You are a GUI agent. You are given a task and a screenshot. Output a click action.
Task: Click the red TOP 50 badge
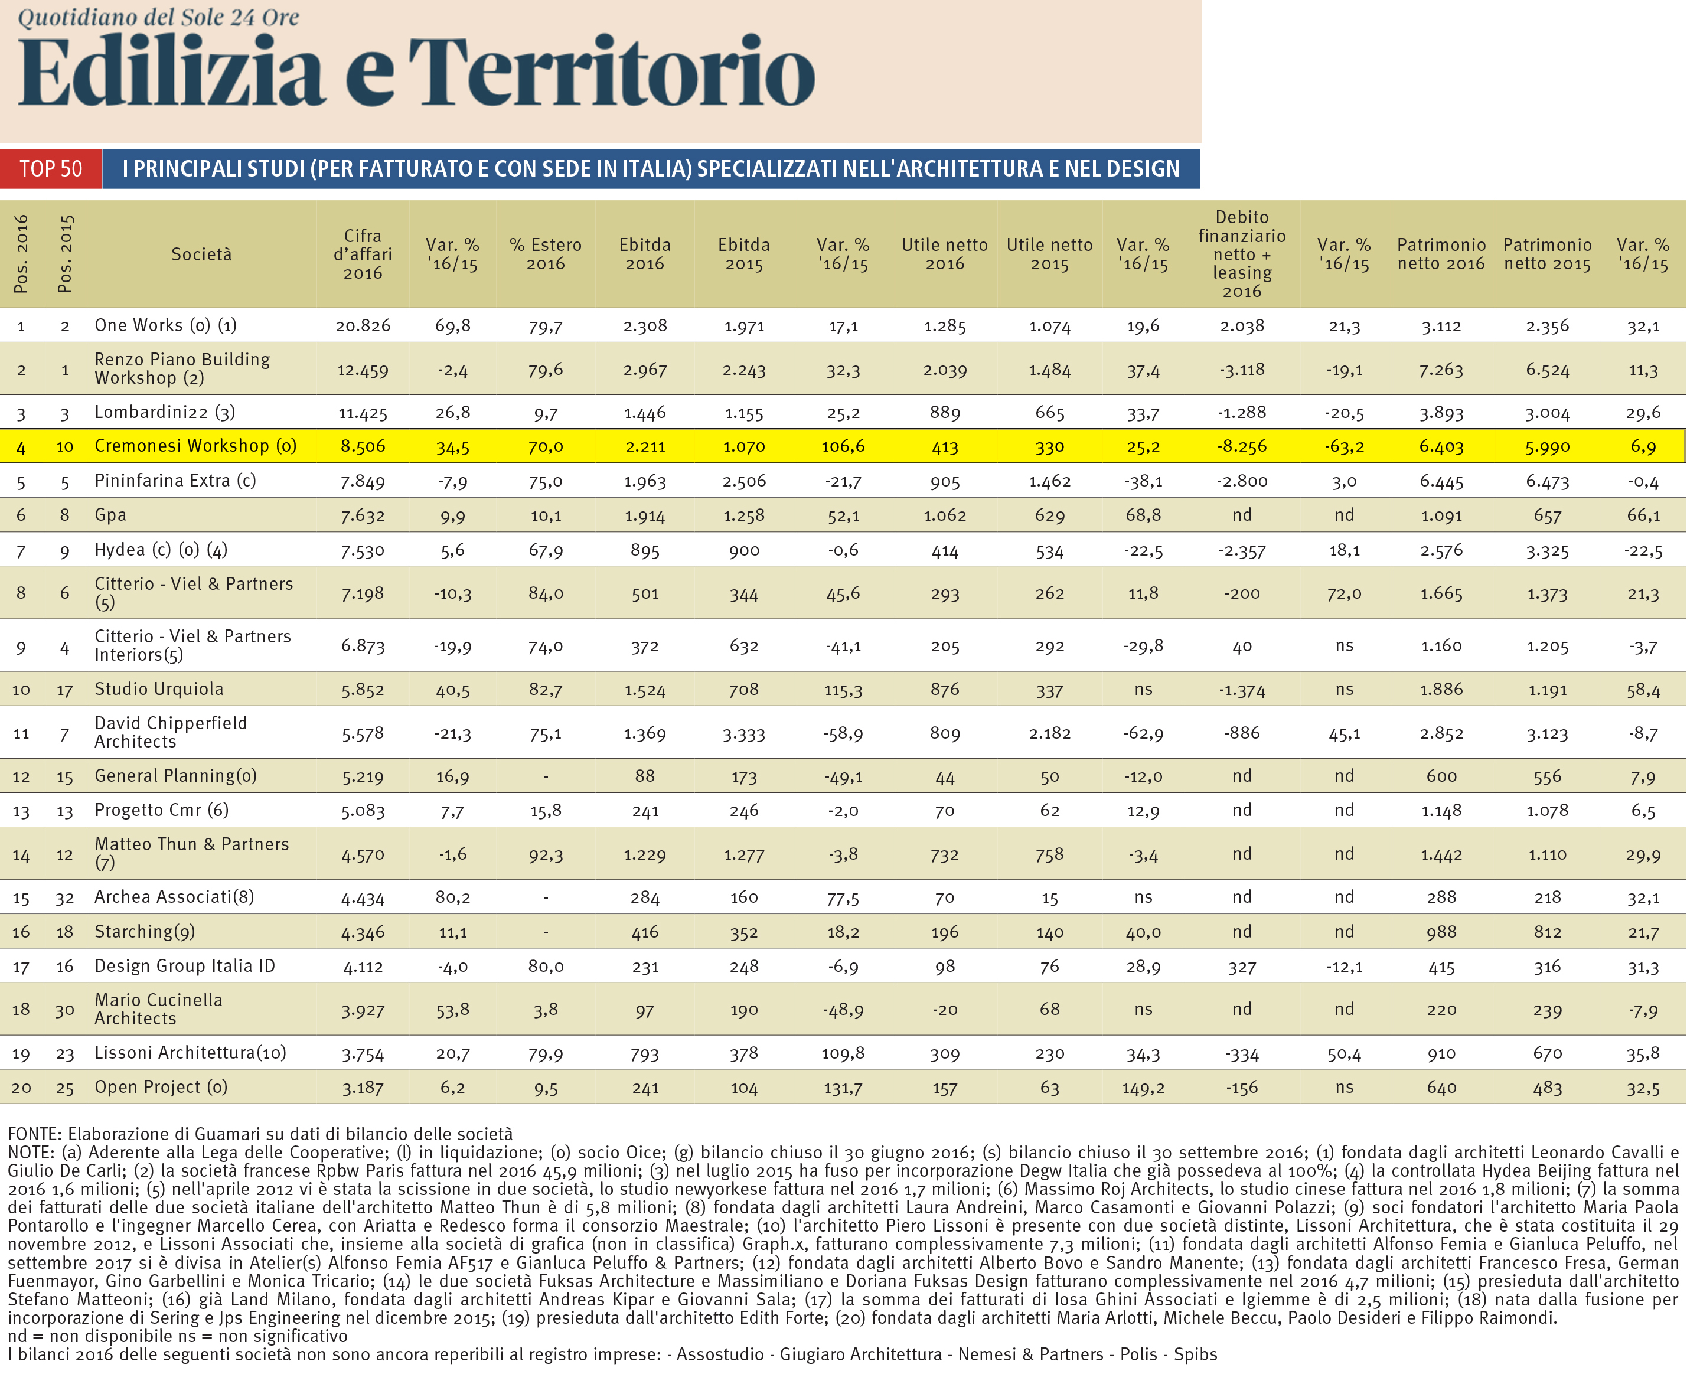click(x=51, y=169)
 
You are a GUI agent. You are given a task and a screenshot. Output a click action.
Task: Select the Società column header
click(x=202, y=254)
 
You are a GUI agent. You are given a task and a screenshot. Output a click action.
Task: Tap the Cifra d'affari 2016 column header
click(x=363, y=254)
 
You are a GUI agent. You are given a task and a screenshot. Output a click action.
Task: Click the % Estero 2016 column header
click(x=546, y=254)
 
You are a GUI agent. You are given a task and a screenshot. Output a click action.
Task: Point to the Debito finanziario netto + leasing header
click(x=1242, y=254)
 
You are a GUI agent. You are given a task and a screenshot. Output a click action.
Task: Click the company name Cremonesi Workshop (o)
click(x=195, y=446)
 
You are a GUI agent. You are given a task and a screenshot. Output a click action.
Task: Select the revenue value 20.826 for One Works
click(x=363, y=326)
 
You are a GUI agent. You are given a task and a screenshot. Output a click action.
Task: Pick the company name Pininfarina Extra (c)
click(x=175, y=481)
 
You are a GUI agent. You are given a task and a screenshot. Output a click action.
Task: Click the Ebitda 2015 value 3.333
click(x=744, y=733)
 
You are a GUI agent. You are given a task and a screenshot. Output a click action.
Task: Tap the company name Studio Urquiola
click(x=159, y=689)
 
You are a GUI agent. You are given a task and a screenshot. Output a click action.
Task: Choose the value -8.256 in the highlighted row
click(x=1242, y=446)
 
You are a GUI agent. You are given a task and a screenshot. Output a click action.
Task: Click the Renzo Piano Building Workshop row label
click(x=182, y=369)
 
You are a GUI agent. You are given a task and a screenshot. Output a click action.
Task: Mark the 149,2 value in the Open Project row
click(x=1143, y=1088)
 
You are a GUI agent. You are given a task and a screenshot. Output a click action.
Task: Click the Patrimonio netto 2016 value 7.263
click(x=1441, y=371)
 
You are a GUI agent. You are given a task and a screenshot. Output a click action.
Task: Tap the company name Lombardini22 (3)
click(x=164, y=412)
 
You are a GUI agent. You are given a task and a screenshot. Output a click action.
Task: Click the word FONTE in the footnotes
click(x=34, y=1134)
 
